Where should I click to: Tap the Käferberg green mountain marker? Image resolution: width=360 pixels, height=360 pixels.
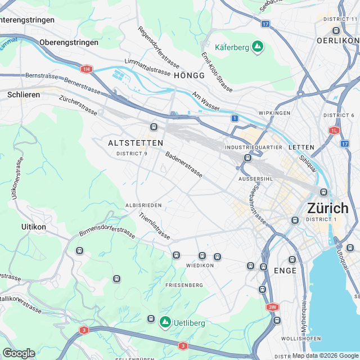(x=258, y=47)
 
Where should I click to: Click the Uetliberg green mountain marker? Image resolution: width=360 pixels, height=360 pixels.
(x=165, y=322)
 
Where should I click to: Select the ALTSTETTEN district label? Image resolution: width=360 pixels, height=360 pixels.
(x=136, y=143)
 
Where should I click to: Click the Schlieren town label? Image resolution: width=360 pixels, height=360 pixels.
(x=24, y=94)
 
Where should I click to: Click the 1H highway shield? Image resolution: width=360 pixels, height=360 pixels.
(x=85, y=69)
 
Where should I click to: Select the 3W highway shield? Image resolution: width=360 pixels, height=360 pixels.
(x=273, y=307)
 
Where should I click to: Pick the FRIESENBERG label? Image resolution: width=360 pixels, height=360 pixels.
(x=184, y=285)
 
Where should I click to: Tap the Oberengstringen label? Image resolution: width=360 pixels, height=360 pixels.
(x=69, y=42)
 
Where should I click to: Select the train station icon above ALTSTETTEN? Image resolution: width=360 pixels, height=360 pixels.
(x=153, y=127)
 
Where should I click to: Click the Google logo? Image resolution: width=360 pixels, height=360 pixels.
(x=19, y=353)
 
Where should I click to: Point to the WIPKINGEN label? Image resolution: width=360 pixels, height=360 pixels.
(x=274, y=113)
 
